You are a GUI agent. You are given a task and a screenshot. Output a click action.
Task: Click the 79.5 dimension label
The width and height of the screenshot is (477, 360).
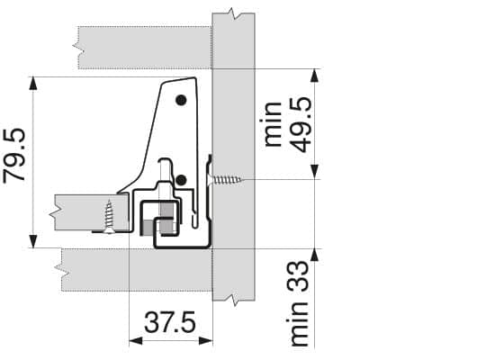14,155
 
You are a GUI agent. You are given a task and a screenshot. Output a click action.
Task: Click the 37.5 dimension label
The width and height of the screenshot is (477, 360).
170,322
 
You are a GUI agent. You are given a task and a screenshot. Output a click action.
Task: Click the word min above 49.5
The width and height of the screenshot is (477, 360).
272,124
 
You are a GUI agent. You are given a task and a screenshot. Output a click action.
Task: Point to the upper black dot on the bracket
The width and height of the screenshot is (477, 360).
181,100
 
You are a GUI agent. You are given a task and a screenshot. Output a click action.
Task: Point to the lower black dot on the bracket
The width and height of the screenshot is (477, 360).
181,181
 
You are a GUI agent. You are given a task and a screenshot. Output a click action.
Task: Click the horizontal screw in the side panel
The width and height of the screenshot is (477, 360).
227,180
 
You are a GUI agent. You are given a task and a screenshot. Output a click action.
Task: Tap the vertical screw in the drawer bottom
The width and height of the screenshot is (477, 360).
109,217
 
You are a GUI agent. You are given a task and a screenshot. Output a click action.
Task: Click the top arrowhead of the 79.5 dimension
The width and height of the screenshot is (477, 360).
33,84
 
